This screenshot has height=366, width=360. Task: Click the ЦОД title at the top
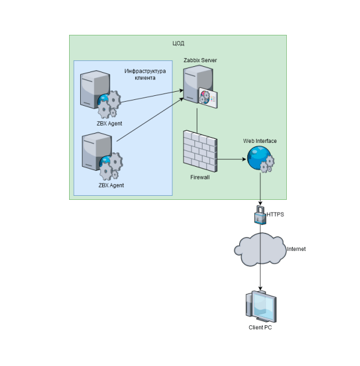point(178,43)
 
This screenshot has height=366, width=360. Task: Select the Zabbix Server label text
point(200,60)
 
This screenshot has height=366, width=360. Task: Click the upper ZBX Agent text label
point(110,123)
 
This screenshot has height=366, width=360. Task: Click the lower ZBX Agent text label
point(111,186)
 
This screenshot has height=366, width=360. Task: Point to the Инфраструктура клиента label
point(145,74)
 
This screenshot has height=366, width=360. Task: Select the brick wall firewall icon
point(200,150)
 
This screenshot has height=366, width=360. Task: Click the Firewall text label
point(200,177)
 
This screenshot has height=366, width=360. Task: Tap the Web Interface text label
point(260,141)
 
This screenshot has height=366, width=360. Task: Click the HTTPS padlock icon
point(260,214)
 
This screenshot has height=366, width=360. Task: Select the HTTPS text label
point(275,215)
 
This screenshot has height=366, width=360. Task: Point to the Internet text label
point(296,249)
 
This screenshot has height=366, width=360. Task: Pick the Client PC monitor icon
point(261,307)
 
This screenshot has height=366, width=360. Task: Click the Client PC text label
point(260,328)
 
